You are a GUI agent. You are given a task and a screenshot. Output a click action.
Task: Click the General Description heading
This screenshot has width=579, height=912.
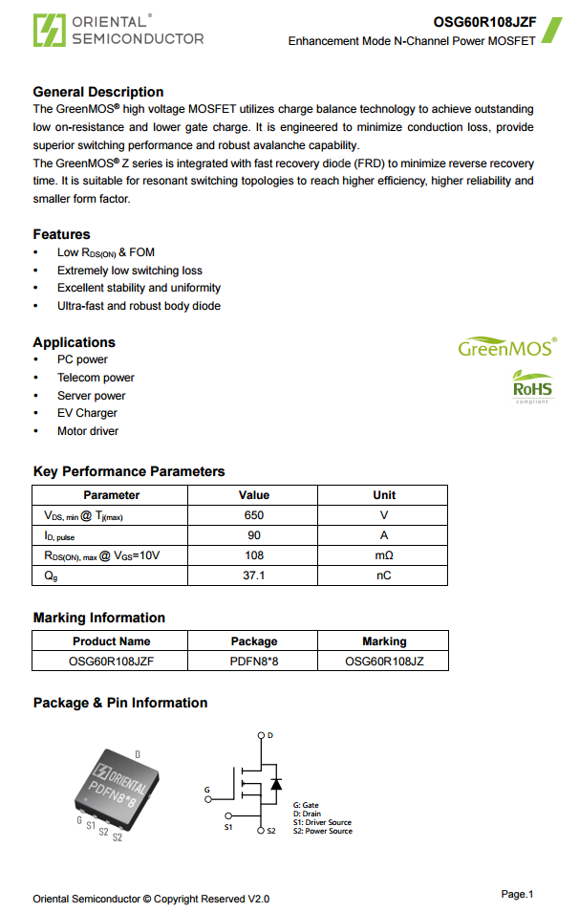(98, 92)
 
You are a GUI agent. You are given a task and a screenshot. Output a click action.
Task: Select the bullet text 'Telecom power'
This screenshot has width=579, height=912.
(96, 378)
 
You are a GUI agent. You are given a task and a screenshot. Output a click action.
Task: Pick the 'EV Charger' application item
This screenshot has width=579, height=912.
(87, 413)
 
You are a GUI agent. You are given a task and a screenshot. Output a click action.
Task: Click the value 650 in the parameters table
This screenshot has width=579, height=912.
(253, 515)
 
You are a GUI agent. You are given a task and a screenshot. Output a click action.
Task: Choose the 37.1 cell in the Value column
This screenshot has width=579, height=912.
(253, 575)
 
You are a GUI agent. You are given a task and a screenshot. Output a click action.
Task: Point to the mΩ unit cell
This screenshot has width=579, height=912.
(383, 555)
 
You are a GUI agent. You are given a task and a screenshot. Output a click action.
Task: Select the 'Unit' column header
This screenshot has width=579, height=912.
(383, 495)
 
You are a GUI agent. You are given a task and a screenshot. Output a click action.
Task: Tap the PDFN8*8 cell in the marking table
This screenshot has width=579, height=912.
(253, 661)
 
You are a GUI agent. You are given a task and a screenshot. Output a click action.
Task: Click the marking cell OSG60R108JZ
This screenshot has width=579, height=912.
(383, 661)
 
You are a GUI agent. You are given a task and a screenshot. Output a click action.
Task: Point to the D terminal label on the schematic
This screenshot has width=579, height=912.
(270, 735)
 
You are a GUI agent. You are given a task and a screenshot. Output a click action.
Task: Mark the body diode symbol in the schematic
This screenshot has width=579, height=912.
(276, 784)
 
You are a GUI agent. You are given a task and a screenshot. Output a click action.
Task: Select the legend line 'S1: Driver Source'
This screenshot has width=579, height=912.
(322, 823)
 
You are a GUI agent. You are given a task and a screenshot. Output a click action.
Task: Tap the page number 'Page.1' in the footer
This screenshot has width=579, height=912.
(517, 894)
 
